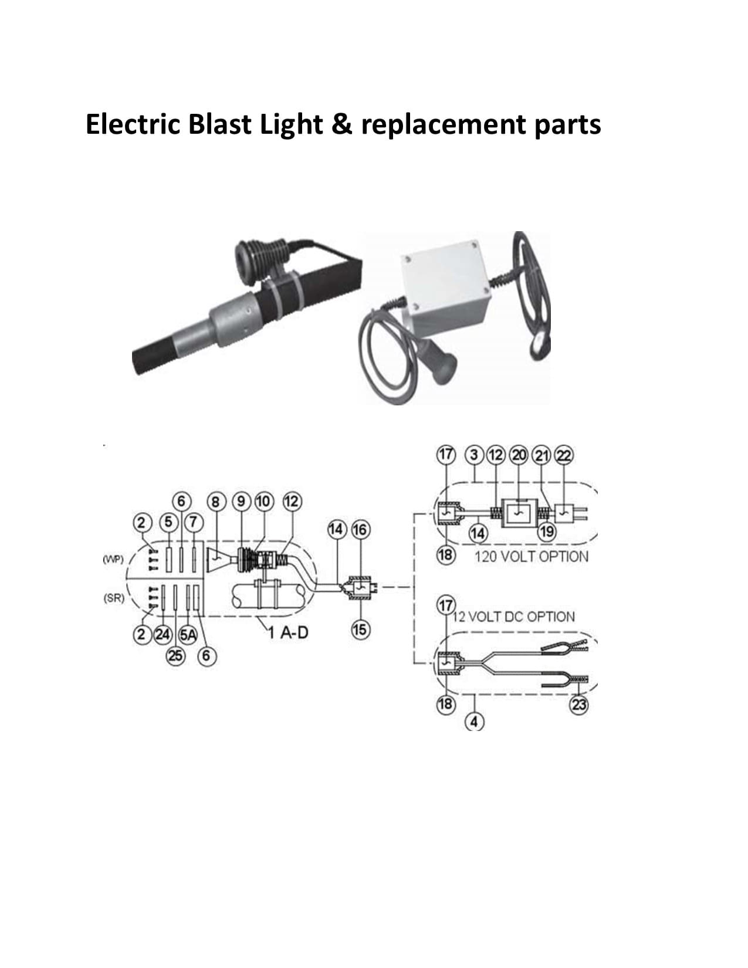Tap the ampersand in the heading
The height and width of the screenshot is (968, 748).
pyautogui.click(x=341, y=124)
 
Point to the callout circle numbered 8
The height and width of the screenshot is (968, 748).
pyautogui.click(x=216, y=502)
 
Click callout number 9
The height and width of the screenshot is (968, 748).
pyautogui.click(x=241, y=502)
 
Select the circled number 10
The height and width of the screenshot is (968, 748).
pyautogui.click(x=263, y=502)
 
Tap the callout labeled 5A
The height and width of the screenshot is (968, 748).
pyautogui.click(x=188, y=635)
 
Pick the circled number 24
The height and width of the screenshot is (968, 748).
pyautogui.click(x=162, y=634)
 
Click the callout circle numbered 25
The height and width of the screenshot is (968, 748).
pyautogui.click(x=175, y=656)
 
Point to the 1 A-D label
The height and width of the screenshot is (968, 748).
pyautogui.click(x=288, y=632)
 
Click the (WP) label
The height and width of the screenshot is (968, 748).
pyautogui.click(x=113, y=560)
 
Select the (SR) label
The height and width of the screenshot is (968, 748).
pyautogui.click(x=114, y=598)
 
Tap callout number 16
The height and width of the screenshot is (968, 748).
pyautogui.click(x=360, y=530)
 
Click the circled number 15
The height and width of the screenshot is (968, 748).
pyautogui.click(x=360, y=630)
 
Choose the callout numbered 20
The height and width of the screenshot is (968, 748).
pyautogui.click(x=519, y=455)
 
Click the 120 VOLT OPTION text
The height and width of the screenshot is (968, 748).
pyautogui.click(x=532, y=557)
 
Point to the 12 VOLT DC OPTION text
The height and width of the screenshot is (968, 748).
pyautogui.click(x=514, y=617)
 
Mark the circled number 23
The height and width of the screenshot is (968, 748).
pyautogui.click(x=579, y=705)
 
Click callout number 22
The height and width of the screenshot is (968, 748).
pyautogui.click(x=564, y=455)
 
